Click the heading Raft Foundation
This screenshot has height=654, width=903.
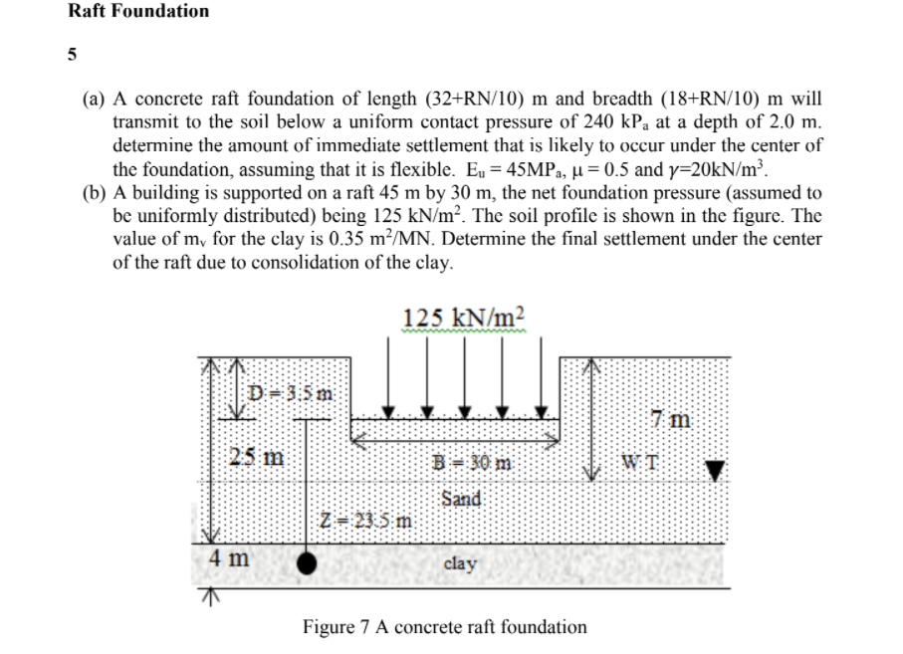click(x=139, y=12)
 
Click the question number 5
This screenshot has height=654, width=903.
click(x=73, y=56)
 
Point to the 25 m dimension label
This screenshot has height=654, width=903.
click(x=256, y=458)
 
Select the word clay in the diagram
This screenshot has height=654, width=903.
click(x=460, y=563)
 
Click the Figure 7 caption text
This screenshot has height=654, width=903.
click(x=445, y=627)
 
